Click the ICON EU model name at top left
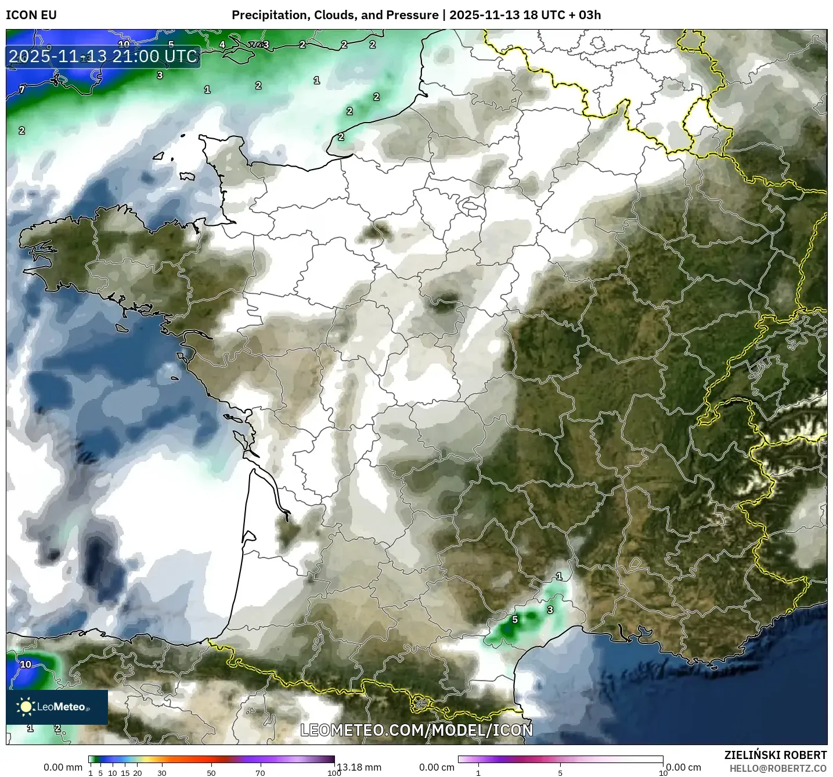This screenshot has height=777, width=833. (x=31, y=15)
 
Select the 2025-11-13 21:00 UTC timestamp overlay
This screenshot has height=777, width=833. (x=103, y=56)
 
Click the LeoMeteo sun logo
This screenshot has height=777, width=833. (x=26, y=707)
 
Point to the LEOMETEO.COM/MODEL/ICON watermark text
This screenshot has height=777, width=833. (x=416, y=730)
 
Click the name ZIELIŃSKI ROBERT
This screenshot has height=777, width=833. (x=776, y=755)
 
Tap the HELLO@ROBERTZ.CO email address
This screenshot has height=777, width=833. (x=778, y=768)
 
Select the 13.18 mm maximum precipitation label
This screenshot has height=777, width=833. (x=359, y=767)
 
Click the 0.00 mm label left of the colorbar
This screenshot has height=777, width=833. (x=63, y=767)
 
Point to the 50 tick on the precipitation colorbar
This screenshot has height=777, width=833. (x=211, y=772)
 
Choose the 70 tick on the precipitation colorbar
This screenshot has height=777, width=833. (x=261, y=772)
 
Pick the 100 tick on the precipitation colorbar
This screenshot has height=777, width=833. (x=334, y=772)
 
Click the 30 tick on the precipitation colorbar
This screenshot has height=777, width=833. (x=162, y=772)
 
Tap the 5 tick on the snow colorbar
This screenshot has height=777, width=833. (x=560, y=772)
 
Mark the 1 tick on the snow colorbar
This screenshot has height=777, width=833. (x=478, y=772)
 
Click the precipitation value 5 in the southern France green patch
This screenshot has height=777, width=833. (x=515, y=620)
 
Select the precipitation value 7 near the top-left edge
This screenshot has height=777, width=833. (x=22, y=89)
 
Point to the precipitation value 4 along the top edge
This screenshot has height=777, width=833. (x=222, y=45)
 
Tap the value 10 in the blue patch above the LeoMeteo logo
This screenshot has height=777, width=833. (x=26, y=664)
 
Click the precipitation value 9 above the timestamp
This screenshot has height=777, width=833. (x=49, y=48)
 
